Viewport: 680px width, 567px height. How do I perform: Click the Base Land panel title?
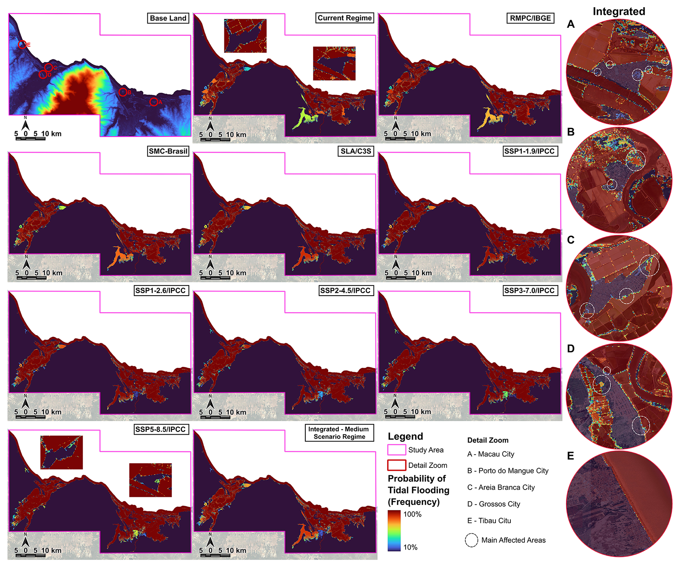[168, 18]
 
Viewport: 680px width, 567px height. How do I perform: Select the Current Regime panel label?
[344, 18]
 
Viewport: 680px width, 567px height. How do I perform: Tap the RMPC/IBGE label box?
[530, 18]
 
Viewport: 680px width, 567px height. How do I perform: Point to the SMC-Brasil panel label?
[168, 151]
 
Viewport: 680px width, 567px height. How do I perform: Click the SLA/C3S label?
[356, 151]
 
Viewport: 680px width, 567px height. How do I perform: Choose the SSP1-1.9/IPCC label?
[530, 151]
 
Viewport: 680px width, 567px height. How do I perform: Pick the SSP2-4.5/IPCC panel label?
[345, 290]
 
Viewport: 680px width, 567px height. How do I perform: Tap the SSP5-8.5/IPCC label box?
[161, 429]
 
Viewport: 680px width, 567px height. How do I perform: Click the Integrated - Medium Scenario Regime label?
[339, 433]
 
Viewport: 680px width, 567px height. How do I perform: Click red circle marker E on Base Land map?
[22, 44]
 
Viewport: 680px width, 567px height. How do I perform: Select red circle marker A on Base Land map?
[153, 102]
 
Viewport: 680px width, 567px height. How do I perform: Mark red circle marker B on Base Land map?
[123, 92]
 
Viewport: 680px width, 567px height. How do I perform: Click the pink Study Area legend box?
[396, 450]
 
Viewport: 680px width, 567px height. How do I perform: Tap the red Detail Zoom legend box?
[396, 465]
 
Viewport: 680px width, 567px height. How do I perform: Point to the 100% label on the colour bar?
[413, 514]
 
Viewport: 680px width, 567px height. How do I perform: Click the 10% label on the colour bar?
[410, 547]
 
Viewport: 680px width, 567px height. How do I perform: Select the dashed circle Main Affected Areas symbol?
[471, 540]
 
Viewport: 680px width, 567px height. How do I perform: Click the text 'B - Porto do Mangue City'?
[508, 471]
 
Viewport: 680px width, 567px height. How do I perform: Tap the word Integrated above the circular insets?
[619, 11]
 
